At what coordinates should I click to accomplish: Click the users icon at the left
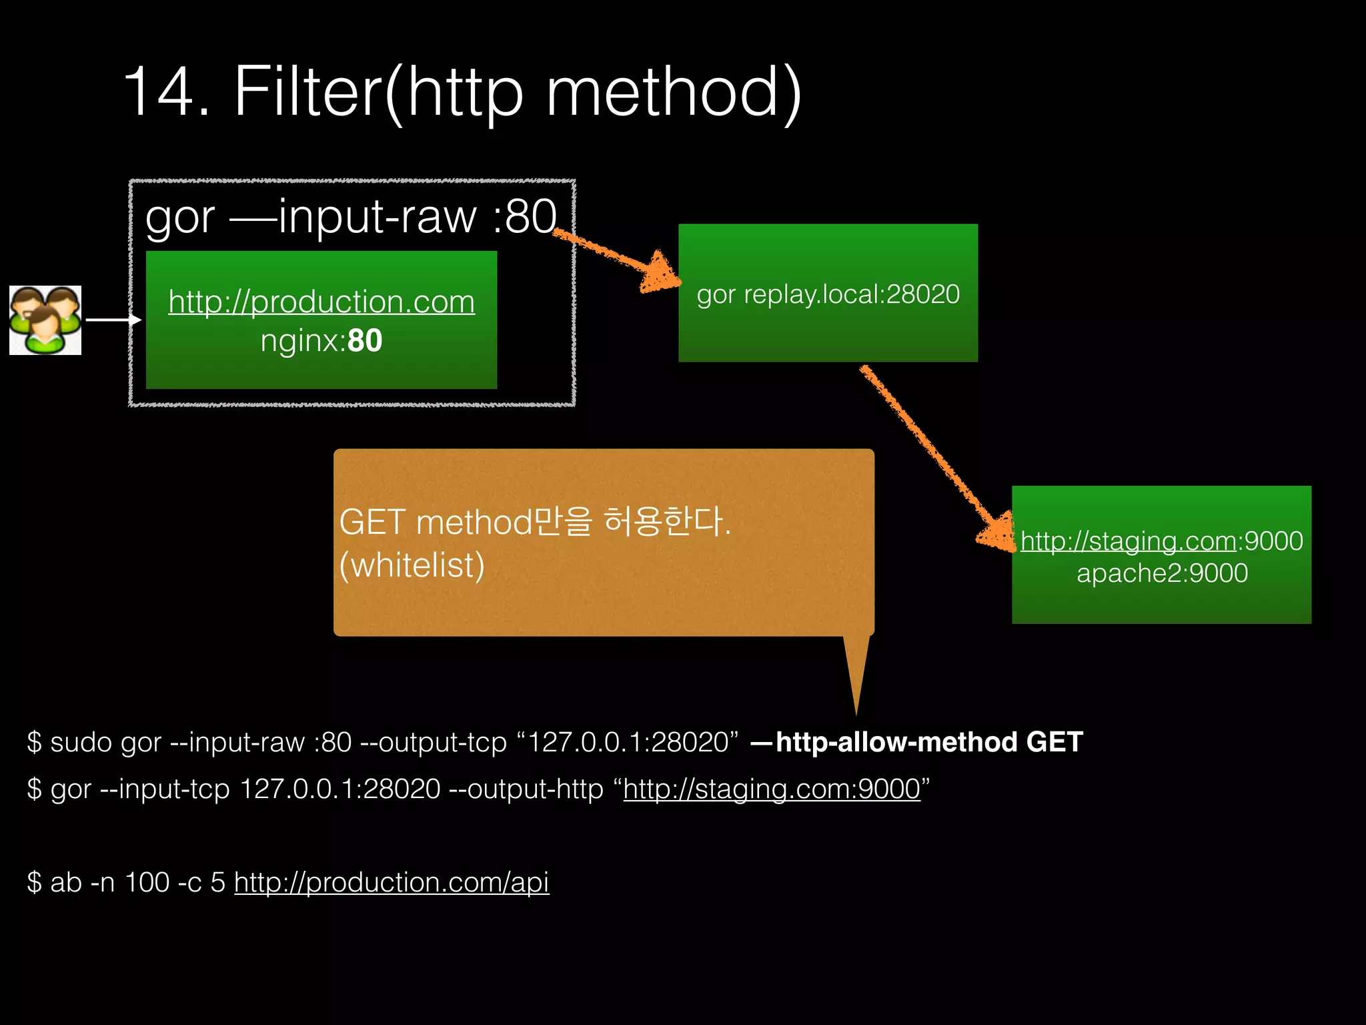coord(45,320)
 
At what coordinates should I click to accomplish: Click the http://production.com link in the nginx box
coord(321,302)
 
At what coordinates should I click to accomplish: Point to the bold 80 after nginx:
coord(365,341)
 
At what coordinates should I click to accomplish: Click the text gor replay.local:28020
coord(828,294)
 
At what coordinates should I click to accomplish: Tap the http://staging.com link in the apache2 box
coord(1128,541)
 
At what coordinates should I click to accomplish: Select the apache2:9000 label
coord(1162,573)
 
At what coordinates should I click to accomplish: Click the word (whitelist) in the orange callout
coord(412,565)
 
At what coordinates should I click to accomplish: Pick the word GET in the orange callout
coord(372,522)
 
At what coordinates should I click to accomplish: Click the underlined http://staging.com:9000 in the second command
coord(772,789)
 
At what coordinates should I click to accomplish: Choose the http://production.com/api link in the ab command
coord(392,883)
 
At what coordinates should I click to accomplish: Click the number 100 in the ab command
coord(147,883)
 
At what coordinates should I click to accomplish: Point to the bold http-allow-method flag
coord(896,742)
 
